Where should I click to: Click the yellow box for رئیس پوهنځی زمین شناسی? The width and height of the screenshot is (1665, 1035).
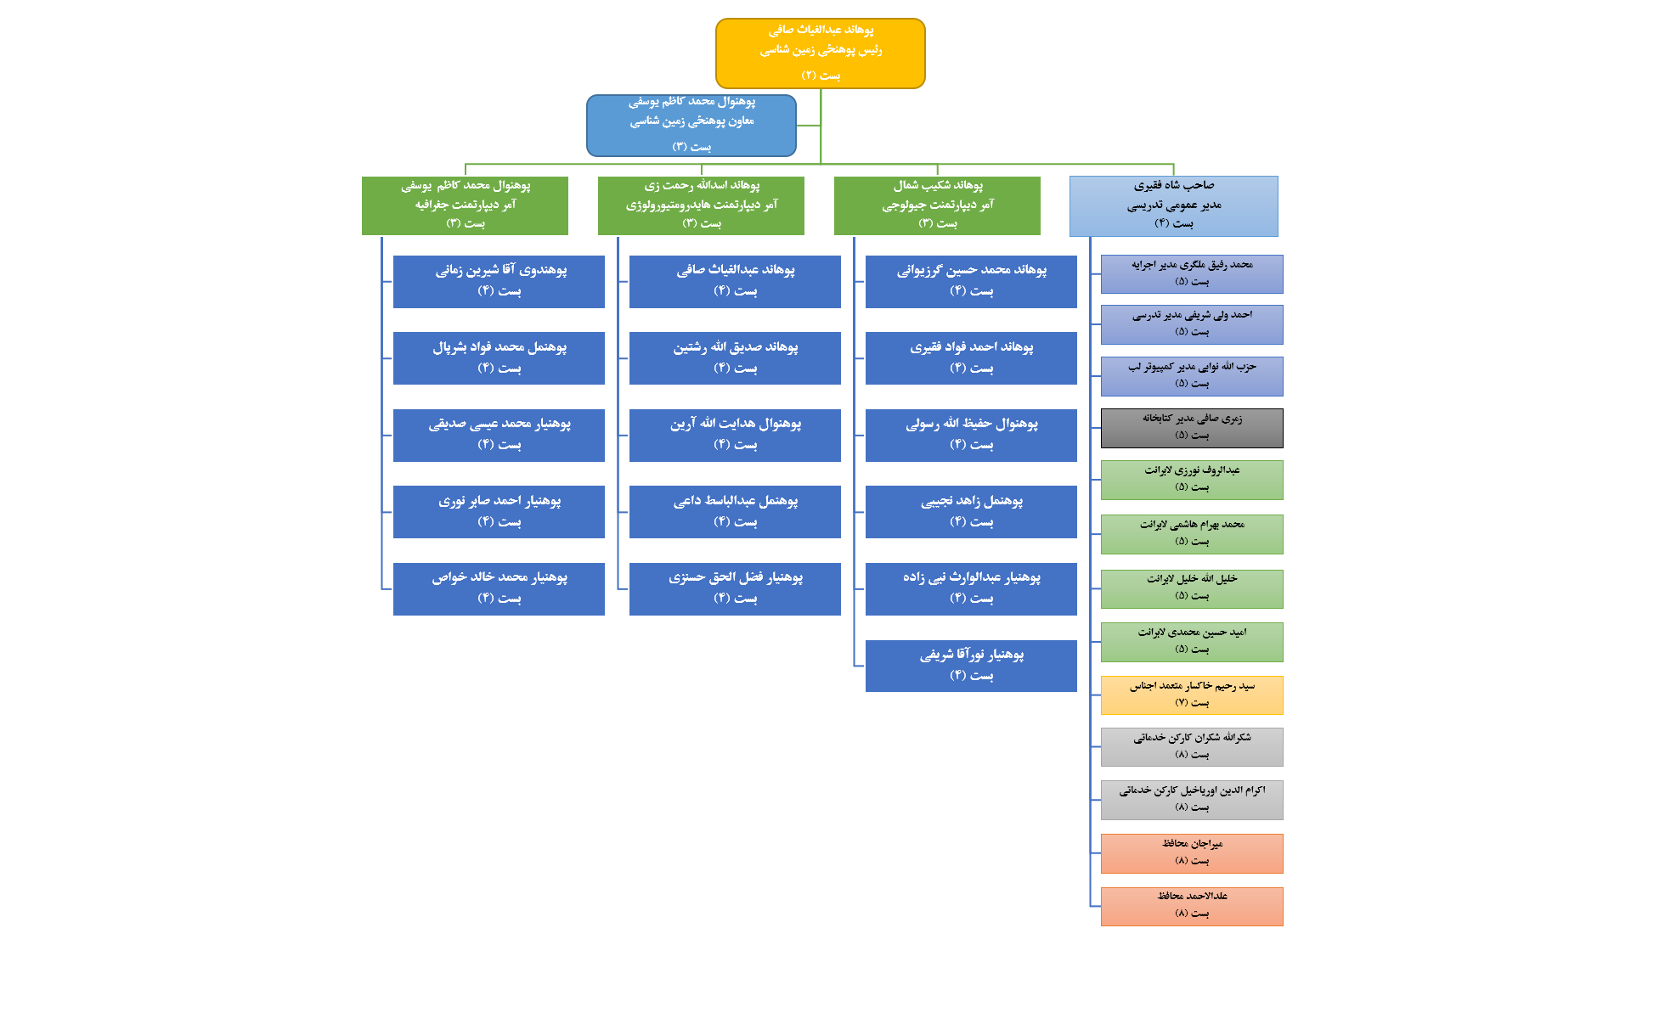click(820, 53)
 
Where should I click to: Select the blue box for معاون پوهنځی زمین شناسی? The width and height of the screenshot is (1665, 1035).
click(691, 125)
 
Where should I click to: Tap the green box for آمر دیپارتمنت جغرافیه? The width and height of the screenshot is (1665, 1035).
click(465, 205)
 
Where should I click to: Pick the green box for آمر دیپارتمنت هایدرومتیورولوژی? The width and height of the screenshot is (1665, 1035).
click(701, 205)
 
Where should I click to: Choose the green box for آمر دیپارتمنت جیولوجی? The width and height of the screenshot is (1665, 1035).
click(937, 205)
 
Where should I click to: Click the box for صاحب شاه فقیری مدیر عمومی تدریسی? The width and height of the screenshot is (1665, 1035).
click(1173, 205)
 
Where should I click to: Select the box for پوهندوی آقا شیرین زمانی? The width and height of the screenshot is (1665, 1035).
click(499, 281)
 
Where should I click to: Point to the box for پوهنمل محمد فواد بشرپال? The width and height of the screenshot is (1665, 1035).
click(499, 357)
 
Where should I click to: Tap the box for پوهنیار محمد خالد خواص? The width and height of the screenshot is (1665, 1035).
click(499, 588)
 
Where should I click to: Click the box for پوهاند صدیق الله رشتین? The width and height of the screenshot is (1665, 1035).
click(735, 357)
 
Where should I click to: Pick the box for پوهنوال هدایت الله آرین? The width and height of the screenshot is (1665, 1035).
click(735, 435)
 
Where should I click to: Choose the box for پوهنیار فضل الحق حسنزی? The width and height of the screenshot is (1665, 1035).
click(735, 588)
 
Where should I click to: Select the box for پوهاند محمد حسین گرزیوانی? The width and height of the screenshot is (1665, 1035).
click(971, 281)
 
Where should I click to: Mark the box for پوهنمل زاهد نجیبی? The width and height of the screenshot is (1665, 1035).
click(971, 511)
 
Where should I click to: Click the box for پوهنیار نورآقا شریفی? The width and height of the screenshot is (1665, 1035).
click(971, 666)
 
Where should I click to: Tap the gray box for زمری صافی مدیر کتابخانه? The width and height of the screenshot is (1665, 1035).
click(1192, 428)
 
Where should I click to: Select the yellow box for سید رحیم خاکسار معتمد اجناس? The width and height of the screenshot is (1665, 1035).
click(1192, 695)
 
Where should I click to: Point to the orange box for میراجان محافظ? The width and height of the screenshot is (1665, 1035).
click(1192, 852)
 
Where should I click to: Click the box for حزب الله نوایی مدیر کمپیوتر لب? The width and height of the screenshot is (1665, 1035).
click(1192, 375)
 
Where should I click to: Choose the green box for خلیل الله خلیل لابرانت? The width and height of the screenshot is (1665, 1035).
click(1192, 588)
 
